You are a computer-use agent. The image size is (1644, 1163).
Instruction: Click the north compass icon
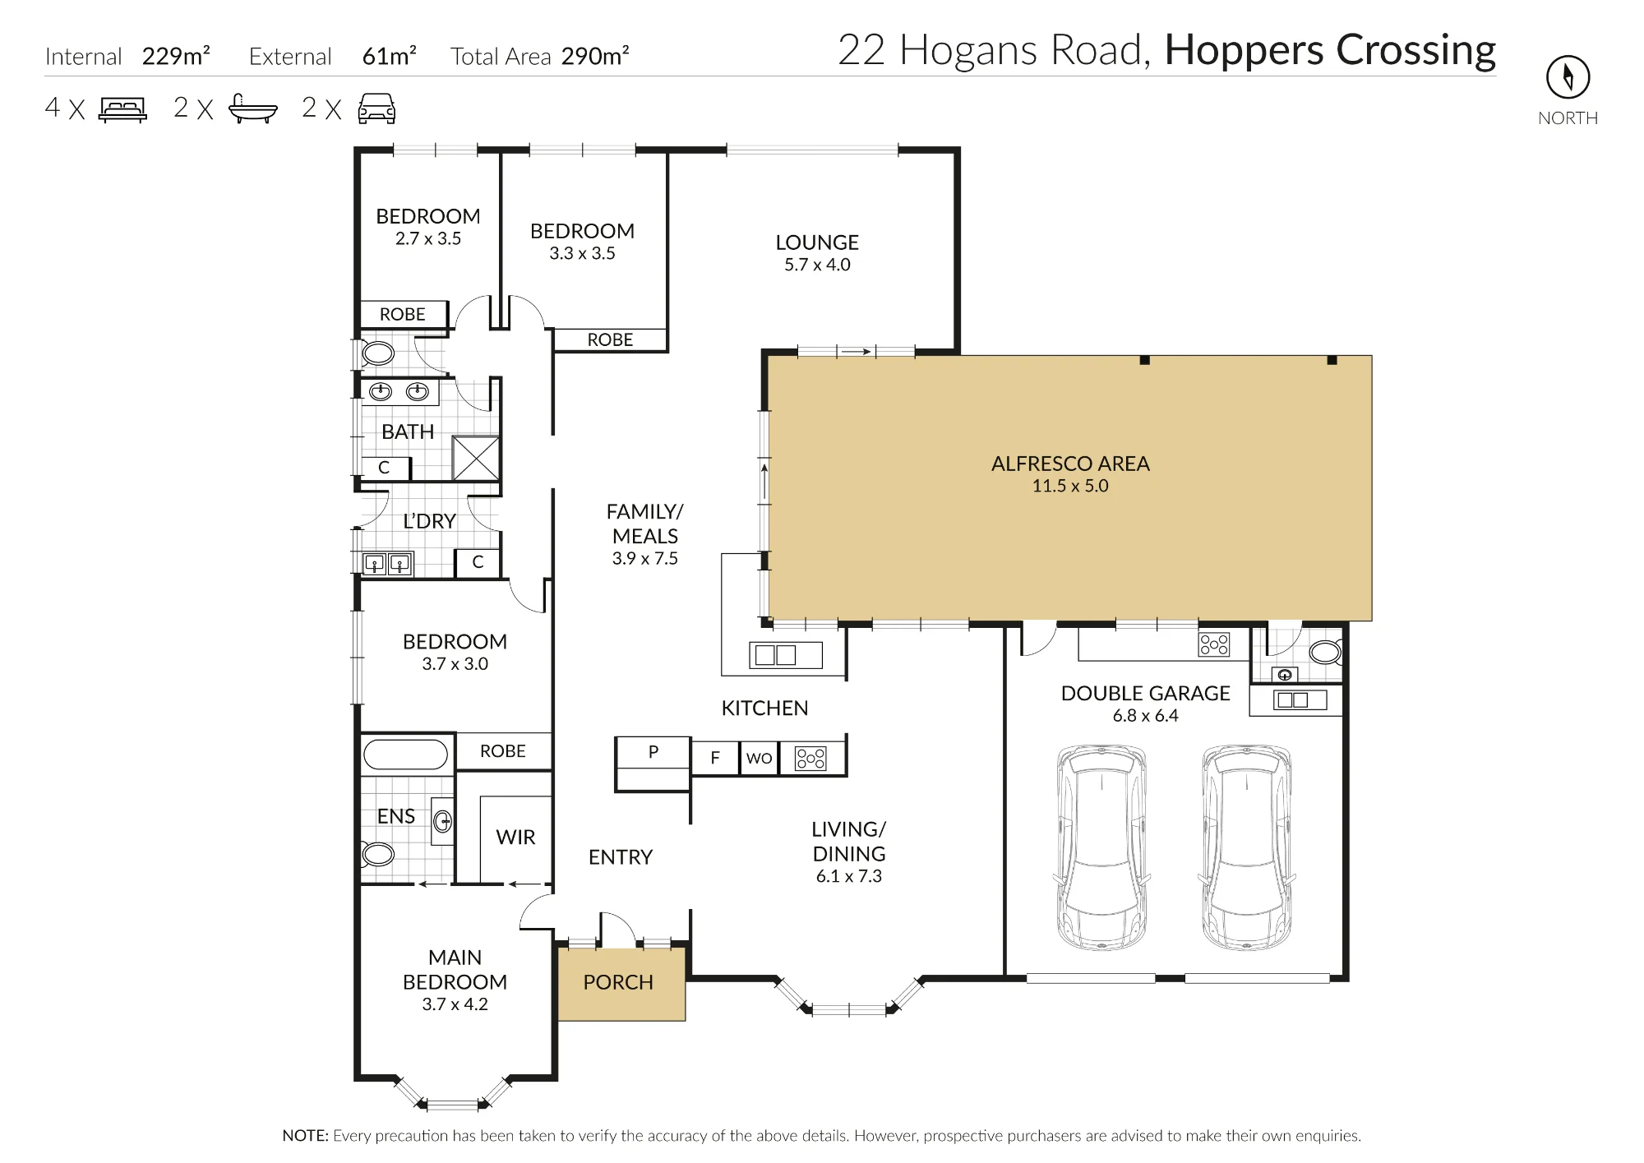pos(1568,77)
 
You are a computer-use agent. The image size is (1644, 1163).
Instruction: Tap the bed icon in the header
pos(122,109)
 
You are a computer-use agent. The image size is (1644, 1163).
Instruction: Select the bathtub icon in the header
pos(252,109)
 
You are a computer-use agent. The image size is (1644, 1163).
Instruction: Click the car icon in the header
pos(376,108)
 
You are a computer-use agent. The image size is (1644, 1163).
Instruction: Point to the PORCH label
pos(618,982)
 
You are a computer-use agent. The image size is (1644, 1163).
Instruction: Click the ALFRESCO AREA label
pos(1070,464)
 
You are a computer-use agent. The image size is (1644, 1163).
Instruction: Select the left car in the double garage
pos(1101,847)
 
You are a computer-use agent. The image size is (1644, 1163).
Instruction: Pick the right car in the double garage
pos(1246,847)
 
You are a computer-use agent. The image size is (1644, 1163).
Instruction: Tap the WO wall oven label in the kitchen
pos(759,758)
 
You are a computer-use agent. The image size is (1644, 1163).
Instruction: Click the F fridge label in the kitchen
pos(715,758)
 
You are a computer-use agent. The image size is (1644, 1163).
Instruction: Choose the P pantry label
pos(653,751)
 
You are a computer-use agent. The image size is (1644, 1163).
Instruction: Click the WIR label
pos(515,837)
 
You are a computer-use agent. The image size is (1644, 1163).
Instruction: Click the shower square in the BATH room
pos(476,458)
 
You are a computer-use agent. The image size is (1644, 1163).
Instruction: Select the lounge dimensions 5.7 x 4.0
pos(817,265)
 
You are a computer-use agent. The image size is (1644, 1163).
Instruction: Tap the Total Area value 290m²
pos(595,56)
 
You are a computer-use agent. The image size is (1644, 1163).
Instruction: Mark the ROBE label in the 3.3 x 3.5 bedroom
pos(610,339)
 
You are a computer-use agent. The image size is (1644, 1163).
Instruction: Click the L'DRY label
pos(429,521)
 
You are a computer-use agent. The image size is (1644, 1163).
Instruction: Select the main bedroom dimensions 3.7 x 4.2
pos(455,1004)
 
